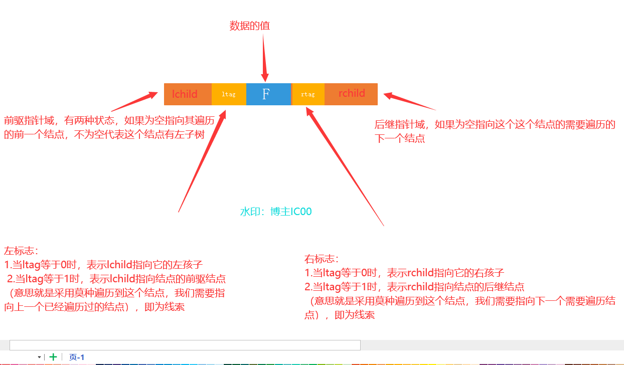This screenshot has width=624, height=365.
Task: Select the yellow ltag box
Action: click(x=229, y=94)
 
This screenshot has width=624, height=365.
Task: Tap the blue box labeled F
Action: click(x=266, y=94)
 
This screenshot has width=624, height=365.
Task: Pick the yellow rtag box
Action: click(x=308, y=94)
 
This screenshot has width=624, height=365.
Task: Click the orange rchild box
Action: click(x=351, y=94)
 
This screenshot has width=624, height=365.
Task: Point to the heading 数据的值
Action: click(x=250, y=26)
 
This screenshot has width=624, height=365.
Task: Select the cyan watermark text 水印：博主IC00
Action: click(x=276, y=212)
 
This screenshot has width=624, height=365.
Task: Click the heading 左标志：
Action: click(x=21, y=251)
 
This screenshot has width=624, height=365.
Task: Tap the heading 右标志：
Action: click(x=322, y=259)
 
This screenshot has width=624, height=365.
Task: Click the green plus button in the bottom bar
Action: click(x=53, y=357)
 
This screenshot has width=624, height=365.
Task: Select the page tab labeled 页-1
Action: click(x=77, y=357)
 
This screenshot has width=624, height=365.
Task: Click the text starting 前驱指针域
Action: click(x=109, y=127)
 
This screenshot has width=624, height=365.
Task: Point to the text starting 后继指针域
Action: click(x=495, y=131)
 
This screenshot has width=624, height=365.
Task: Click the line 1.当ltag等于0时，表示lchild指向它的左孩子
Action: click(x=103, y=265)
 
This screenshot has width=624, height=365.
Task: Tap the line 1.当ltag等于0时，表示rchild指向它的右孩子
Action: click(x=404, y=273)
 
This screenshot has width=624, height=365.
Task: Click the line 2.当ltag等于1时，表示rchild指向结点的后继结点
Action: click(x=414, y=287)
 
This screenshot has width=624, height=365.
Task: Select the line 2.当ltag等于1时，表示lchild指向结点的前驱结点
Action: click(x=116, y=279)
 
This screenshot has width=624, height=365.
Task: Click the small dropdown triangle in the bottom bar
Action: click(x=39, y=357)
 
